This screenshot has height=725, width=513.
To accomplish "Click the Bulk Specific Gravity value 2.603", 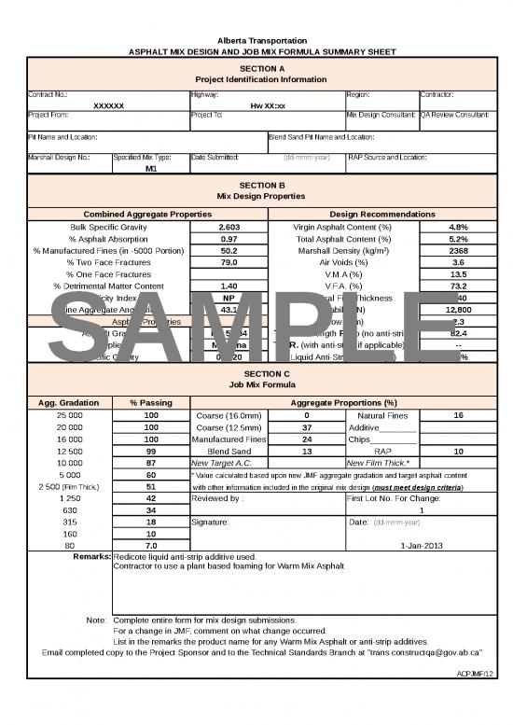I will (x=229, y=227).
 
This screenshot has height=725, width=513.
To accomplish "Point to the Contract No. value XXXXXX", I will (x=108, y=105).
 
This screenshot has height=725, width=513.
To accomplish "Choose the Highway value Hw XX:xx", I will (x=268, y=105).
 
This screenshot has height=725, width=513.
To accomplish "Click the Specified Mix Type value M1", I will (x=151, y=170).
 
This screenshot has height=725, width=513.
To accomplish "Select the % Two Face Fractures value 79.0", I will (x=229, y=262).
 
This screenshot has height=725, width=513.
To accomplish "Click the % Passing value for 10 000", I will (x=151, y=462).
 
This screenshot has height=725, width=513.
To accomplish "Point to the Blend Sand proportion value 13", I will (x=307, y=450).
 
